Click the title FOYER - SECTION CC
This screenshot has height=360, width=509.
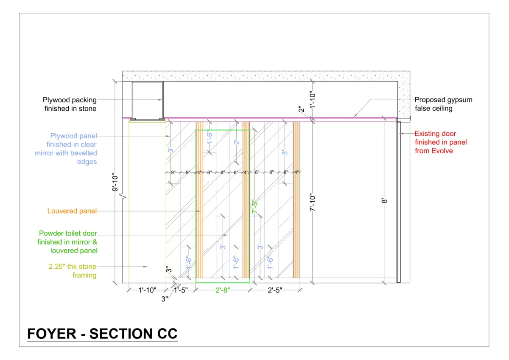(102, 334)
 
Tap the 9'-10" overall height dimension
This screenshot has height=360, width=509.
(115, 182)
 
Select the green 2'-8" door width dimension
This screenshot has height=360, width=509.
(223, 290)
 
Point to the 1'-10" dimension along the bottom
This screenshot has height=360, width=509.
(148, 290)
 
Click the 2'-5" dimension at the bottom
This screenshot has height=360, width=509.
(275, 290)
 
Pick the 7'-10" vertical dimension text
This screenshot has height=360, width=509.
(313, 202)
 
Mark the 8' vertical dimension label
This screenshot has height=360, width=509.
(384, 200)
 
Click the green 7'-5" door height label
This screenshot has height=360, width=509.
(255, 206)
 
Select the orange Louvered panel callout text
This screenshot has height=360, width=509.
(72, 211)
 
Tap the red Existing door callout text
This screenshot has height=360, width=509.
(441, 142)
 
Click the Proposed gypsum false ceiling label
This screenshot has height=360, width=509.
(443, 104)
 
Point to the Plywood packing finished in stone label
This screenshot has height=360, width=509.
(70, 104)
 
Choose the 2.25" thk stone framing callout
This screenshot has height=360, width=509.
(73, 270)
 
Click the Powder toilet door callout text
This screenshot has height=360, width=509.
(67, 242)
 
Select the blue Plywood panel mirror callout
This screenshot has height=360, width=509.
(66, 149)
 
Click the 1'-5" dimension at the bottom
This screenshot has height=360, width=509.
(181, 290)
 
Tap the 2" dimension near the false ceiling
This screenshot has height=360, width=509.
(301, 110)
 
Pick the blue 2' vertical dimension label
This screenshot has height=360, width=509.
(237, 142)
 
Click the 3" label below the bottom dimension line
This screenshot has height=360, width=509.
(165, 299)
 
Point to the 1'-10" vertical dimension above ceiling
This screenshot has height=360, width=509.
(313, 100)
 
